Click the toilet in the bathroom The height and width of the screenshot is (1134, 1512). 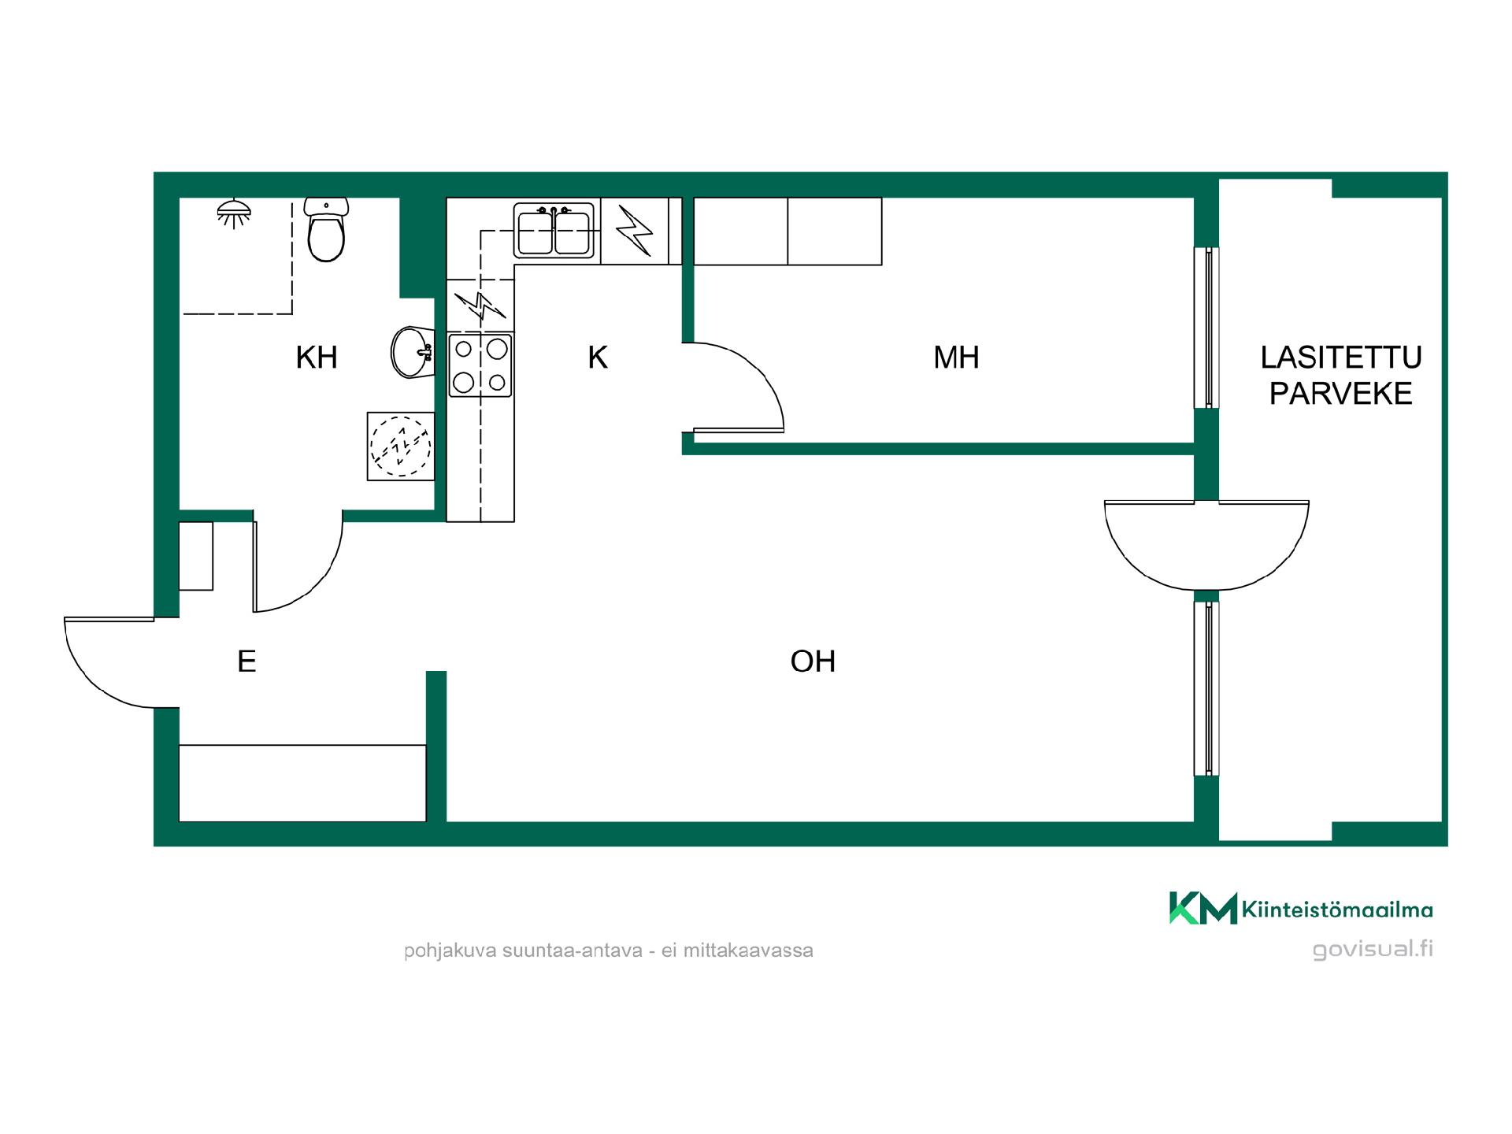(x=326, y=229)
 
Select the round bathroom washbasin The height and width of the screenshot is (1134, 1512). (x=412, y=352)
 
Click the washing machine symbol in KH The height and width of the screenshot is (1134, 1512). (x=401, y=446)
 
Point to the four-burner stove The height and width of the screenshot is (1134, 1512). (x=480, y=365)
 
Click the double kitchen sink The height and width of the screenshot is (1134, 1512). (x=554, y=231)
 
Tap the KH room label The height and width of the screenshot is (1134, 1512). (x=317, y=358)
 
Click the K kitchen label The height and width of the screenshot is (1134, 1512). (x=598, y=358)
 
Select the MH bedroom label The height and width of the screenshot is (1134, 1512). (x=956, y=358)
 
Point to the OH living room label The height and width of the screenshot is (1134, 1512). (x=813, y=661)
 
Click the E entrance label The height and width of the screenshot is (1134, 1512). (x=246, y=661)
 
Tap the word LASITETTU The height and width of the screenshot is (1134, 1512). (x=1341, y=358)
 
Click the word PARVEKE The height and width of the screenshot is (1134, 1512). (x=1341, y=394)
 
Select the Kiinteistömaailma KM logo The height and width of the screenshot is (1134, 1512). (x=1301, y=908)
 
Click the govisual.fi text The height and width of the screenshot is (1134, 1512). (x=1373, y=949)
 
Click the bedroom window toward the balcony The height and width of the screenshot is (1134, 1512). (x=1206, y=328)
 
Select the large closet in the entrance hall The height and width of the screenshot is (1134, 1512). (x=302, y=783)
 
